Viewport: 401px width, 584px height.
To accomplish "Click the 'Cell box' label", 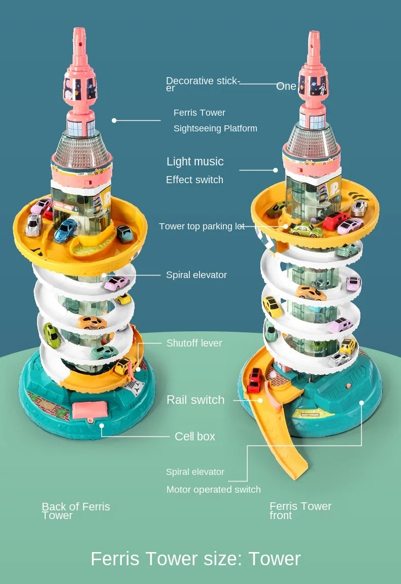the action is tap(194, 436).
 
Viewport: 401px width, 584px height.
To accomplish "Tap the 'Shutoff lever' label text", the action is tap(194, 343).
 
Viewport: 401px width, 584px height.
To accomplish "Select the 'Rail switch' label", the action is tap(195, 400).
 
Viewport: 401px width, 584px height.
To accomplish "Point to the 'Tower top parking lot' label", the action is tap(202, 226).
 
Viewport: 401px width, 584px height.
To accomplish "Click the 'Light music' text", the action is tap(195, 161).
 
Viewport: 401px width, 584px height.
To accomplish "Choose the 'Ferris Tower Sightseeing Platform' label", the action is tap(215, 120).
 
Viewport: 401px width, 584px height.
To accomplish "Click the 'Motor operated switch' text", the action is tap(213, 490).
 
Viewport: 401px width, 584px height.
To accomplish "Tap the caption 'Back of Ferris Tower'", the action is tap(76, 510).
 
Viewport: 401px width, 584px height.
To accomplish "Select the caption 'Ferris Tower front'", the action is tap(300, 510).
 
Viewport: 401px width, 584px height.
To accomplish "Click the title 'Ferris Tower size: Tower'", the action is tap(195, 559).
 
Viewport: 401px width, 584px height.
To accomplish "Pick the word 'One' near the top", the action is tap(286, 87).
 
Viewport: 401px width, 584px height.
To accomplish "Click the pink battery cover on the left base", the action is tap(90, 409).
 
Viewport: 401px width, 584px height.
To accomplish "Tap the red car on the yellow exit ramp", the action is tap(255, 380).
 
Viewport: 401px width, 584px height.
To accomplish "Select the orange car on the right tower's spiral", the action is tap(311, 293).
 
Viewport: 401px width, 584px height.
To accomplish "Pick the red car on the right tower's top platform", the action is tap(336, 219).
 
